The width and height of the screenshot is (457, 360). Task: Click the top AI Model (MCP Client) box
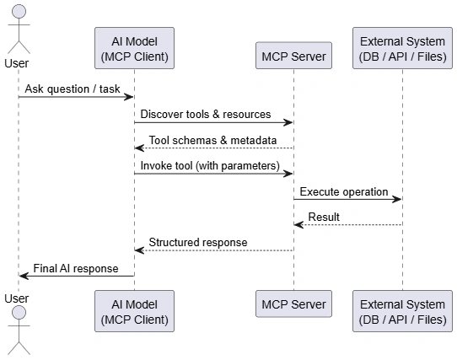point(134,48)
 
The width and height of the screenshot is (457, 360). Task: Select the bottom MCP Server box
point(293,304)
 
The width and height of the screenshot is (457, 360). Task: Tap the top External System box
point(402,48)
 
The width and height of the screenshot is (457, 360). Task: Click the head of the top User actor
point(19,12)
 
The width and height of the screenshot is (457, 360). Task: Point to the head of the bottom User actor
point(19,313)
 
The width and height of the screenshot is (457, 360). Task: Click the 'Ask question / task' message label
point(73,89)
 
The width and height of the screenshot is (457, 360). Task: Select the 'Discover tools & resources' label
point(206,115)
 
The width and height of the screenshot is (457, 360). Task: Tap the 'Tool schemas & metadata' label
point(212,140)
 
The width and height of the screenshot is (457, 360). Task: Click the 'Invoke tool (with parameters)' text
point(210,166)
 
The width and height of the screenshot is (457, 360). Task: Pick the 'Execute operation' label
point(344,192)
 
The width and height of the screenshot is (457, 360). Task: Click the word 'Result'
point(324,218)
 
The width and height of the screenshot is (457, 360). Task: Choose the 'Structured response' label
point(198,243)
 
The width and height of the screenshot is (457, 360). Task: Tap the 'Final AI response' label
point(76,268)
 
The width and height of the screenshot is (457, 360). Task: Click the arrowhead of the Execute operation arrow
point(397,199)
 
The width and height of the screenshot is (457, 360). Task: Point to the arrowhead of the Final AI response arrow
point(24,276)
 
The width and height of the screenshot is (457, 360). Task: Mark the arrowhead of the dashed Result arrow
point(299,225)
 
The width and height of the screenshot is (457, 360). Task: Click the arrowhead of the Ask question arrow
point(128,97)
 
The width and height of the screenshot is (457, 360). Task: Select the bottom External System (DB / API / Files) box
point(402,311)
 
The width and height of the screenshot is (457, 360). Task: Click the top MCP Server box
point(293,56)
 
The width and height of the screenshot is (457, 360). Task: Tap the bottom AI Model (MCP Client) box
point(134,311)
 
